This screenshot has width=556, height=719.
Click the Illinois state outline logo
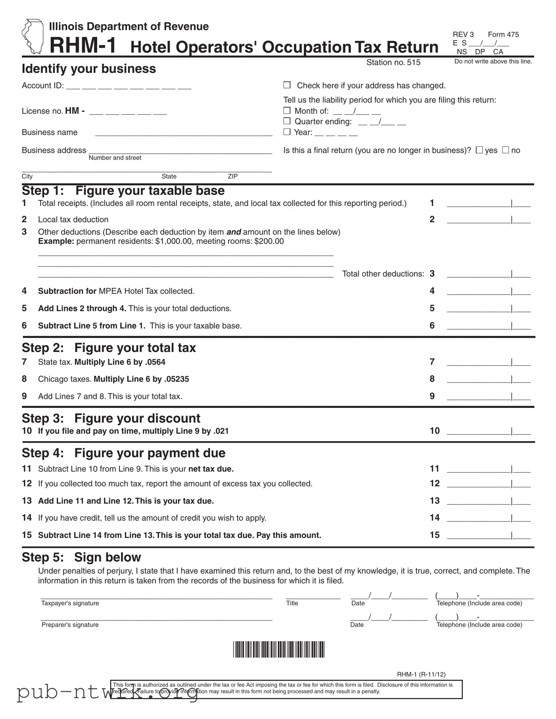point(32,36)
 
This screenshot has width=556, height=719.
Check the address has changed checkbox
point(287,85)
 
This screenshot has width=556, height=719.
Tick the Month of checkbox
point(287,110)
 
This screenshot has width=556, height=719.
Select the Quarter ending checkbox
point(287,121)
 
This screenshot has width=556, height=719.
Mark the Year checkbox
point(287,132)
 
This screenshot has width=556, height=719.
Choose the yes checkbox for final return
point(479,150)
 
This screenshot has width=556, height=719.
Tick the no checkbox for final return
point(505,150)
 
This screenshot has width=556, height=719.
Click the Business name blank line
point(183,133)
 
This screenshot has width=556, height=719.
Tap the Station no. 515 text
point(393,62)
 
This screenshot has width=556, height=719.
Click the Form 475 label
point(503,35)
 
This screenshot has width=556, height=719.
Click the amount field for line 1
point(488,203)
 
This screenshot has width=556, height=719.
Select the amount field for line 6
point(488,326)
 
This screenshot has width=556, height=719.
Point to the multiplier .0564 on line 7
point(155,362)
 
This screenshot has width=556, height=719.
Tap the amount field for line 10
point(488,431)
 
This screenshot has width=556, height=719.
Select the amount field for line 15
point(488,535)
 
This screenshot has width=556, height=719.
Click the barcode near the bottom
point(279,649)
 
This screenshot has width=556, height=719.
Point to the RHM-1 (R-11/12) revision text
point(421,674)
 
